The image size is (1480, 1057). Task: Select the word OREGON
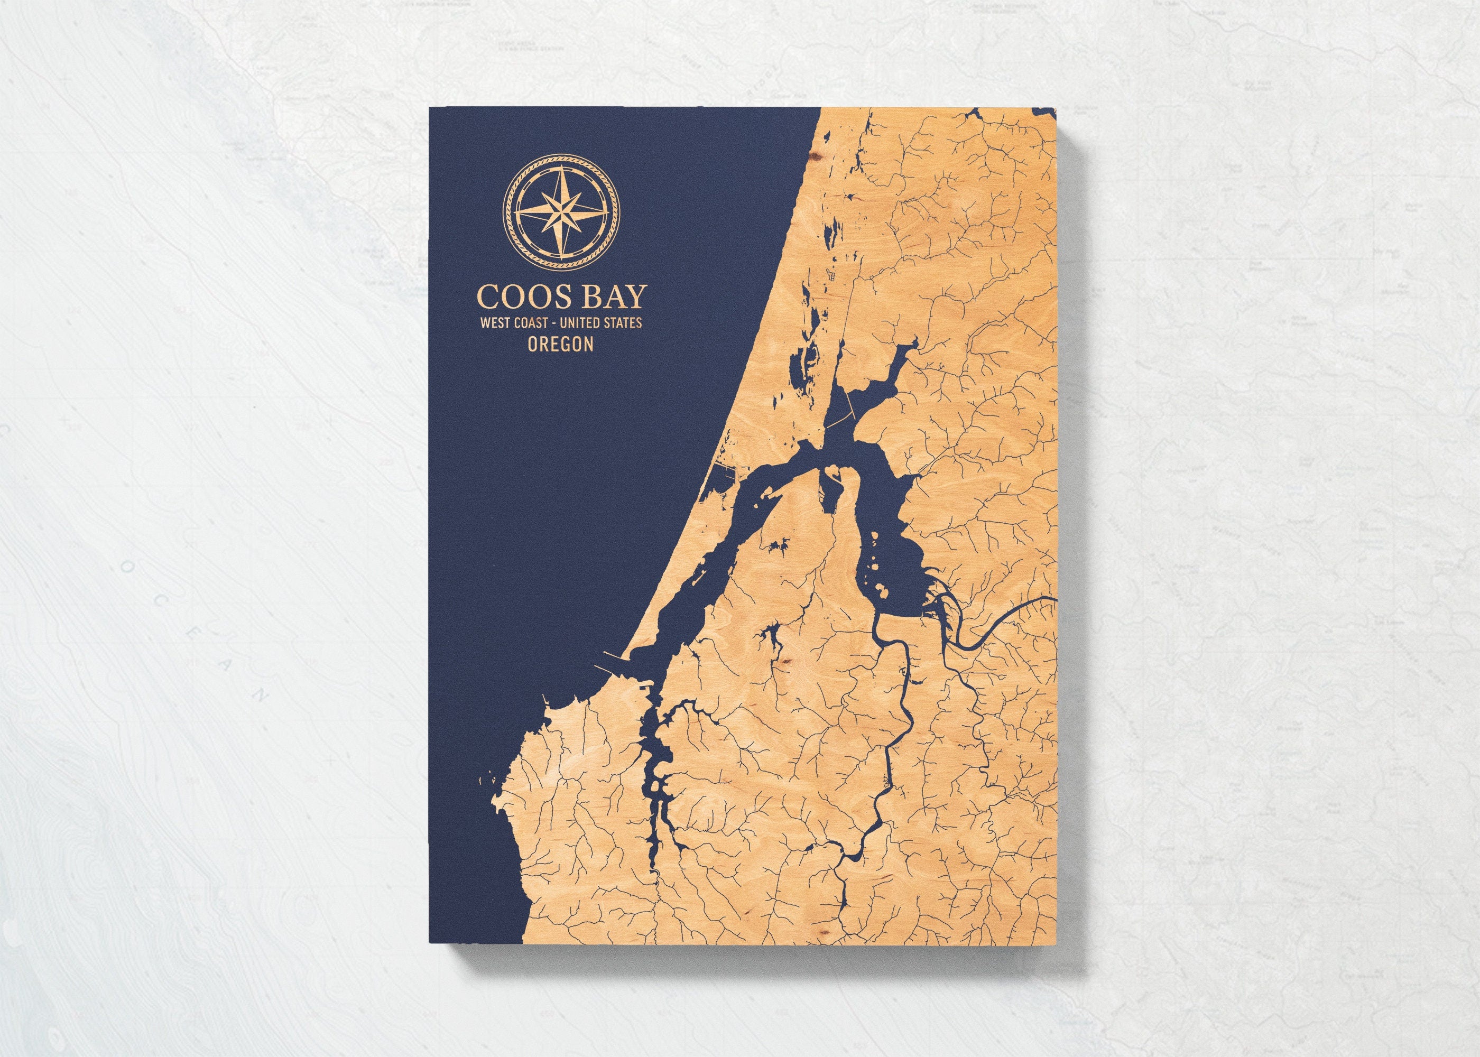pos(561,345)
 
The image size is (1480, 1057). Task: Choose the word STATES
pos(623,322)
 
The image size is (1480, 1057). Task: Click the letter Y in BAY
pos(636,298)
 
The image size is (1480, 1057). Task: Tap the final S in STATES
pos(639,322)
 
